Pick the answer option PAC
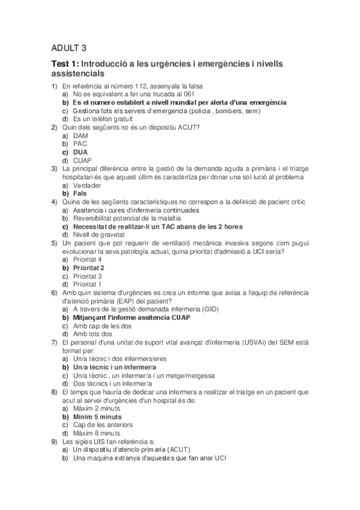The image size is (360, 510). pos(80,144)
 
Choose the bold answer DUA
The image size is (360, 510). pos(81,152)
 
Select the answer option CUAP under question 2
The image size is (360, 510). pos(82,161)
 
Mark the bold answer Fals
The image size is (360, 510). pos(80,194)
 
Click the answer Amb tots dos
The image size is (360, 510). pos(93,334)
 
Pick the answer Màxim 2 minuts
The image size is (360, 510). pos(96,408)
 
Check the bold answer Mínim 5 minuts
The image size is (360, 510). pos(97,416)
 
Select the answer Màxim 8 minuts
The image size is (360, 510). pos(96,432)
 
